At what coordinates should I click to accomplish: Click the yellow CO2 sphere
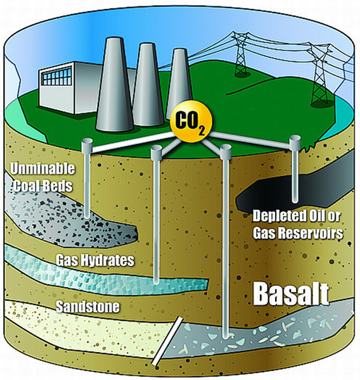click(x=191, y=121)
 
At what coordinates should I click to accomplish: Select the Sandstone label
click(x=88, y=307)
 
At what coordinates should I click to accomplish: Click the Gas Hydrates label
click(x=95, y=260)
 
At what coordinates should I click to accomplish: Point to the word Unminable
click(x=42, y=168)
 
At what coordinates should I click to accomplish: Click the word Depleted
click(x=278, y=216)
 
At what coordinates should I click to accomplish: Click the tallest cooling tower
click(x=115, y=84)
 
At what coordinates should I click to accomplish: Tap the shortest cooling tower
click(x=179, y=80)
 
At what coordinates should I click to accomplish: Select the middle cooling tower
click(x=147, y=85)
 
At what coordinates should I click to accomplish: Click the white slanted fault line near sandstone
click(x=167, y=341)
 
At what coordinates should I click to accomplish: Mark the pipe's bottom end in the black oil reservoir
click(x=295, y=201)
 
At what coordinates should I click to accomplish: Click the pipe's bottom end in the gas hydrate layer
click(x=157, y=282)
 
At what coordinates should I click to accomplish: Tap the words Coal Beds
click(x=43, y=186)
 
